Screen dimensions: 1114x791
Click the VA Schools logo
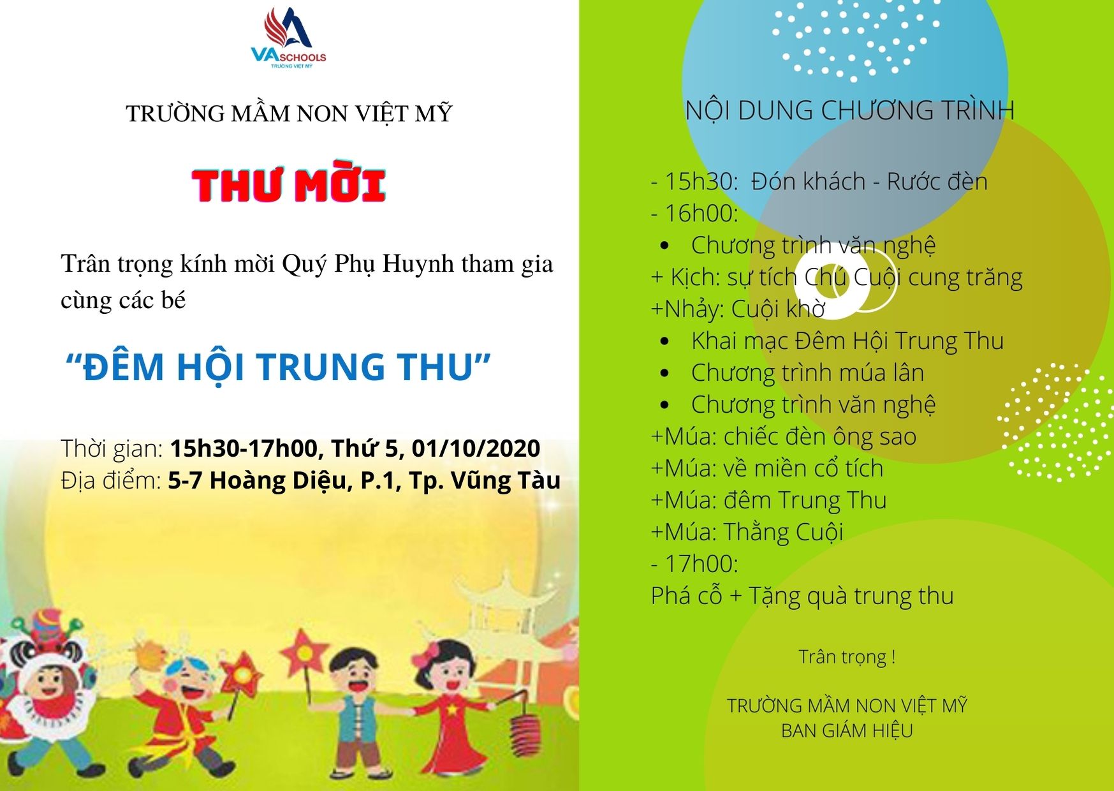[x=289, y=37]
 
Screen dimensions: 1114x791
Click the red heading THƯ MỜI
[x=289, y=186]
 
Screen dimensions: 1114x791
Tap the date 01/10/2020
[x=476, y=448]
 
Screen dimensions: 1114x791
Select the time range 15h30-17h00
[x=244, y=448]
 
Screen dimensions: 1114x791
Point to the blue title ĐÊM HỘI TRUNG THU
[x=278, y=367]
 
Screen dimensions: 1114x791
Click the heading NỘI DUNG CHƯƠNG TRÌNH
[x=849, y=110]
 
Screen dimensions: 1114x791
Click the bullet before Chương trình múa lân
[x=664, y=373]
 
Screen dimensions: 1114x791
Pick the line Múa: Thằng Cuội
[x=747, y=532]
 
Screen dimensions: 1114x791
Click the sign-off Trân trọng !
[x=847, y=657]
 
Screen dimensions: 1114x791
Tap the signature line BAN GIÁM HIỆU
[x=847, y=730]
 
